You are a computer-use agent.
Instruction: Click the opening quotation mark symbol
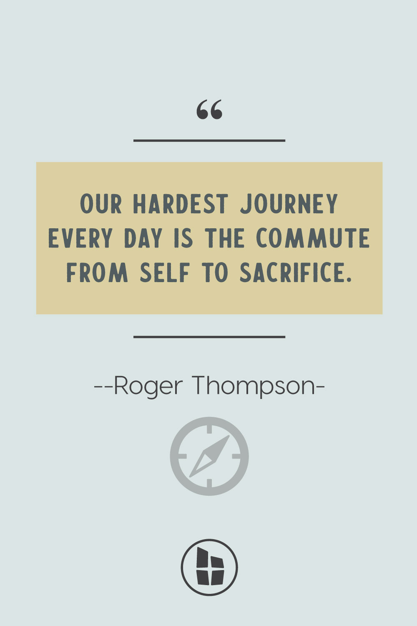point(209,109)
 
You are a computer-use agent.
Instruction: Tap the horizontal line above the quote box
point(209,141)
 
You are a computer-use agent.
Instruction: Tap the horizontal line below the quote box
point(209,337)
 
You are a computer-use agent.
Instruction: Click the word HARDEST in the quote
point(181,204)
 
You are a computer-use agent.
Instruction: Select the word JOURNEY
point(289,204)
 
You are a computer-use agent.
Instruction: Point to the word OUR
point(101,204)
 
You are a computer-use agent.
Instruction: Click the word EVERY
point(80,238)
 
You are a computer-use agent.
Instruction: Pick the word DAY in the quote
point(143,238)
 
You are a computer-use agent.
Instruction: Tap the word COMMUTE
point(313,238)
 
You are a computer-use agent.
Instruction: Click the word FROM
point(97,272)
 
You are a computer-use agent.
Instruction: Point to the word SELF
point(165,272)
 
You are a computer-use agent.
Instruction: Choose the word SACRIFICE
point(295,272)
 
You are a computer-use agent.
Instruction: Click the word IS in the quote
point(183,238)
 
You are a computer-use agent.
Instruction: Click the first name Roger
point(148,386)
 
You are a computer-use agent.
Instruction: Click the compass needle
point(209,456)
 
